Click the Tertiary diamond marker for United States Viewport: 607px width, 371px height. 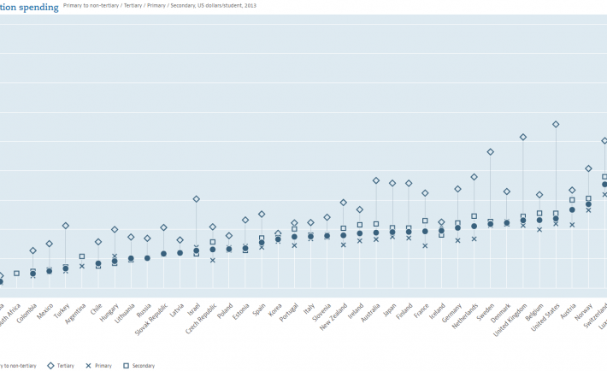click(556, 124)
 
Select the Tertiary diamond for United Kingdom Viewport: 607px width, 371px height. click(523, 137)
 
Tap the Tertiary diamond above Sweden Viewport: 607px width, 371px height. click(491, 151)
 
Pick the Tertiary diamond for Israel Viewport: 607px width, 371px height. click(197, 198)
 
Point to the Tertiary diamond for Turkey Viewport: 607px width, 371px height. click(66, 226)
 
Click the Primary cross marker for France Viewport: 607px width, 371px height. click(425, 245)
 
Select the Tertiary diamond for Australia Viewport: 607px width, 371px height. click(376, 180)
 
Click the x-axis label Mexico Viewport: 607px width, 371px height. click(44, 309)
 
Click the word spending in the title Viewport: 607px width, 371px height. click(38, 7)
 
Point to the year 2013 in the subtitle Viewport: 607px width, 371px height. click(250, 6)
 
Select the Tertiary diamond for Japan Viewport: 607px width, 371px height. click(392, 183)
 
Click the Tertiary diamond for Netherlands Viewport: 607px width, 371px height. click(474, 177)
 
